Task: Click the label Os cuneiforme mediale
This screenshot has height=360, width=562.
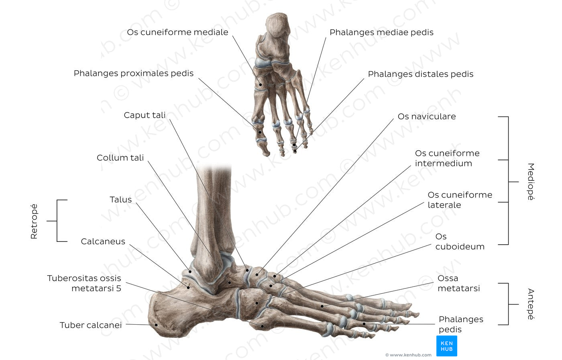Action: coord(177,32)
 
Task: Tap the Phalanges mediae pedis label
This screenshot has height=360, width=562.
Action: coord(381,32)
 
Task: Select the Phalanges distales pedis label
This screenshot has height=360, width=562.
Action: coord(420,74)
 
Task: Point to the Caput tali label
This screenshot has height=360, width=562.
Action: coord(145,115)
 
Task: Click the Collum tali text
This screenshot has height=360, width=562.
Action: coord(120,157)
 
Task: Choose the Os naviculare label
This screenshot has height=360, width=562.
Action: coord(426,117)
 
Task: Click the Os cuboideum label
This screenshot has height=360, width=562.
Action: coord(460,241)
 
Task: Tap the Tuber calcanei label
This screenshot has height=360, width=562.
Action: coord(90,325)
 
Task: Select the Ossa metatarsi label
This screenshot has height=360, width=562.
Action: coord(458,283)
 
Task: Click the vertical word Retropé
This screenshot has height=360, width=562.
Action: coord(34,221)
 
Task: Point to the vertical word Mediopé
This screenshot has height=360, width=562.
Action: coord(530,182)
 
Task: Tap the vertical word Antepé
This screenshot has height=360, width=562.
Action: coord(530,304)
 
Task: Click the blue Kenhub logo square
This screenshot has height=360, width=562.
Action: coord(446,346)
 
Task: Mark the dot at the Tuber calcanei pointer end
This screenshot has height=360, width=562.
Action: coord(156,325)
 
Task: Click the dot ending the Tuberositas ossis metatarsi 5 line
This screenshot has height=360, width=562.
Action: coord(262,326)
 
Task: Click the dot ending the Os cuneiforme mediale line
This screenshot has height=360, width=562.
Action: coord(261,84)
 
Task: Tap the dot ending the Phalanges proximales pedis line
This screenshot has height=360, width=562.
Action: coord(260,132)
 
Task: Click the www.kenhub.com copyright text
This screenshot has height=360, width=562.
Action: coord(408,355)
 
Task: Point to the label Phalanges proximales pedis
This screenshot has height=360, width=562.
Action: coord(133,73)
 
